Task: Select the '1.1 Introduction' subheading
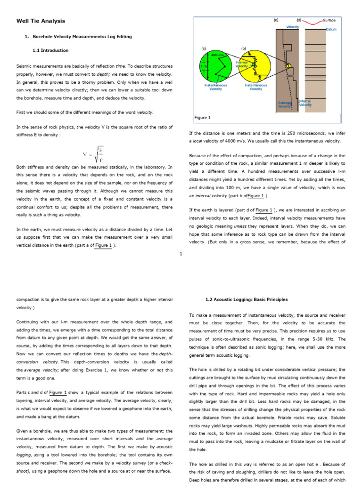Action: point(50,50)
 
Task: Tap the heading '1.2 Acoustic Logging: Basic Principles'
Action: point(246,299)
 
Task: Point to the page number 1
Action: point(181,254)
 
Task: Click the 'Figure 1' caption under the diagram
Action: point(203,118)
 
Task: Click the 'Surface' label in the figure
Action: point(329,21)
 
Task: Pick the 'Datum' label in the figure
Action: point(331,29)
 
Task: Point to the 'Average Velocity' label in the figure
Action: point(284,104)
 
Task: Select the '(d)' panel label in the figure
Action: point(299,21)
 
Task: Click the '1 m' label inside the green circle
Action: point(203,67)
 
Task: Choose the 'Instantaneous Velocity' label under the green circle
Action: point(216,87)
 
